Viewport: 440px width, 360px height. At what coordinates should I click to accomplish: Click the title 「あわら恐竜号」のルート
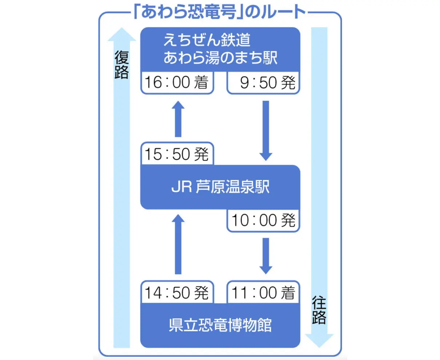coord(220,12)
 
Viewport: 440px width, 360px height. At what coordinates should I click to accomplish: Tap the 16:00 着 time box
coord(176,83)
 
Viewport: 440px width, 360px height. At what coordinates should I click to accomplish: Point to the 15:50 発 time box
coord(176,154)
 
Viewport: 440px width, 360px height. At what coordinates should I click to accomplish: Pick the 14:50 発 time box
coord(176,292)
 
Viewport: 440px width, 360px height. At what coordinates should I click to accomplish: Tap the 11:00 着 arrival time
coord(263,292)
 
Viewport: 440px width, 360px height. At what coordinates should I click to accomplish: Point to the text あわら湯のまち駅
coord(220,58)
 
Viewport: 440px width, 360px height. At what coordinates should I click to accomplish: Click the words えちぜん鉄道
coord(207,40)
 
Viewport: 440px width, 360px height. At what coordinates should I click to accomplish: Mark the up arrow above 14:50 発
coord(178,244)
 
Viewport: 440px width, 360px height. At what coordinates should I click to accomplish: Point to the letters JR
coord(181,188)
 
